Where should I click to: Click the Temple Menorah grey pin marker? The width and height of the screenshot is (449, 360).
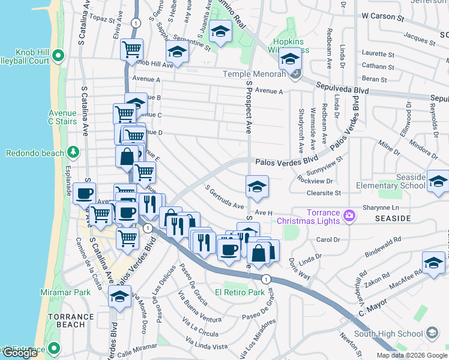295,74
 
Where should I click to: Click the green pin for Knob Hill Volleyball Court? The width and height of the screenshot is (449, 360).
58,56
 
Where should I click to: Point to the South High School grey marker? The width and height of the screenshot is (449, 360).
431,334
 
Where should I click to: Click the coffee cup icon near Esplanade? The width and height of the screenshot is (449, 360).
83,194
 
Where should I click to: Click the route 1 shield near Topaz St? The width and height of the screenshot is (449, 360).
137,22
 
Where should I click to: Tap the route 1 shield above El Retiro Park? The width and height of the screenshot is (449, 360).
266,278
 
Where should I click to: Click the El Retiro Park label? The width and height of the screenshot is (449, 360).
240,293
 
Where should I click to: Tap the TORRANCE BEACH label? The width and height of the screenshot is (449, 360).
71,320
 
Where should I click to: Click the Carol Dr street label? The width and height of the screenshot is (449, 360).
328,240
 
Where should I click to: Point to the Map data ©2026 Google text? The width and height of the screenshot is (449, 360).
412,355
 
